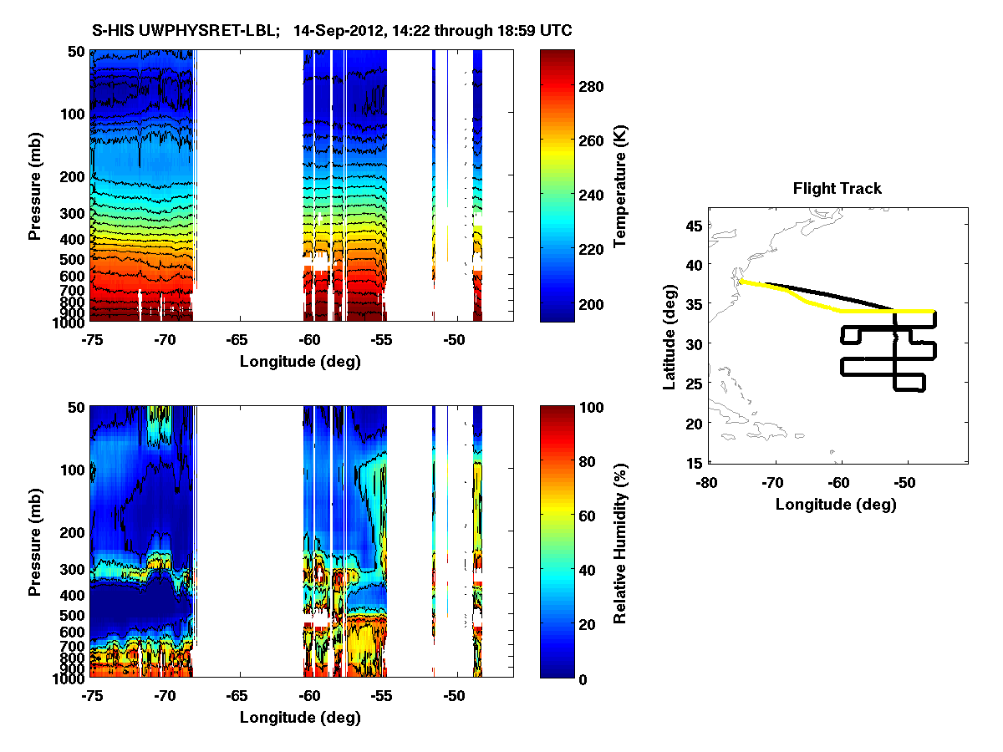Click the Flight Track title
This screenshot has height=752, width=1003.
pyautogui.click(x=837, y=189)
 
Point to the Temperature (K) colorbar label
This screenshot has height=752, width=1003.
pyautogui.click(x=620, y=186)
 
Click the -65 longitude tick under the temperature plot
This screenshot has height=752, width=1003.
pyautogui.click(x=237, y=341)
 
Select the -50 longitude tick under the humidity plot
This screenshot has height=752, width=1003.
pyautogui.click(x=454, y=696)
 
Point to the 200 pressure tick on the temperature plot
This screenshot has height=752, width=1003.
pyautogui.click(x=73, y=176)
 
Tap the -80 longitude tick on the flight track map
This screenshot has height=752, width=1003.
pyautogui.click(x=707, y=482)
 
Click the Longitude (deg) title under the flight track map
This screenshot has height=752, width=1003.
pyautogui.click(x=836, y=504)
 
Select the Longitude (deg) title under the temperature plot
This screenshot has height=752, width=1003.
pyautogui.click(x=300, y=362)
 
